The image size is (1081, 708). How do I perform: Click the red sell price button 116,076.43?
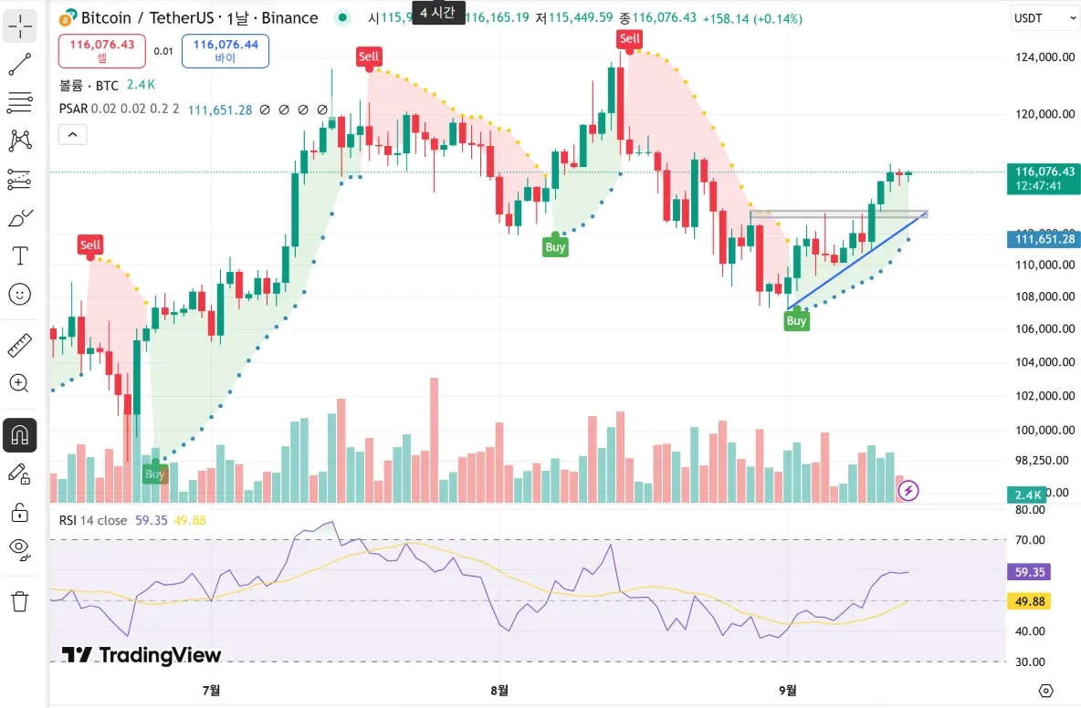(x=101, y=50)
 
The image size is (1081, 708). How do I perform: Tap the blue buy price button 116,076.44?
(x=226, y=50)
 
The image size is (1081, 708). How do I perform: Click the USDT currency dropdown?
(x=1044, y=17)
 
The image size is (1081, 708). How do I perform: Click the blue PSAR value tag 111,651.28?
(x=1042, y=239)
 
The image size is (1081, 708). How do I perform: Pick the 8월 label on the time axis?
(x=499, y=690)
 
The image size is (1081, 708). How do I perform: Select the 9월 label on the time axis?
(x=787, y=690)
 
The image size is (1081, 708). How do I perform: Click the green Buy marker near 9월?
(x=796, y=320)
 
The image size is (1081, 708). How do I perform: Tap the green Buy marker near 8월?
(x=555, y=246)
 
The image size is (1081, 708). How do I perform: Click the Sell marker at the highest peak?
(x=630, y=38)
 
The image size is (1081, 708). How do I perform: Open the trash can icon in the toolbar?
(x=20, y=601)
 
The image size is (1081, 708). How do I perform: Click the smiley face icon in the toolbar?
(x=20, y=294)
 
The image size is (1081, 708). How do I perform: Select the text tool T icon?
(x=20, y=255)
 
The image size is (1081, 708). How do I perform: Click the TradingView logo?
(x=142, y=654)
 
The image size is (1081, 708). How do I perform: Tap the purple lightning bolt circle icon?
(x=908, y=491)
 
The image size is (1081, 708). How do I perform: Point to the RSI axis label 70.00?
(x=1030, y=540)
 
